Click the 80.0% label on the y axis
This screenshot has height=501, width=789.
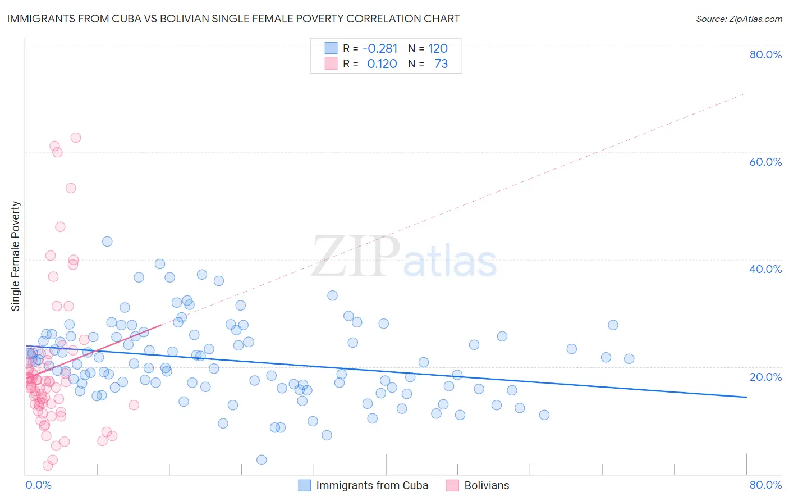[x=765, y=54]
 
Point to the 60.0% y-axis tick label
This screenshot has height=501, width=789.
[x=765, y=162]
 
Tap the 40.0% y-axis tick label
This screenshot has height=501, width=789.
[x=765, y=269]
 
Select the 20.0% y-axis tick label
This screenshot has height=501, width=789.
[x=765, y=376]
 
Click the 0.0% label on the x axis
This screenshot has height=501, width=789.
[x=38, y=485]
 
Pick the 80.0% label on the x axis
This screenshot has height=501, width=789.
[x=765, y=485]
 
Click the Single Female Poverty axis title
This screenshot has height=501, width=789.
[x=16, y=256]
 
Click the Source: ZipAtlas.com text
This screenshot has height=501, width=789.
[x=738, y=19]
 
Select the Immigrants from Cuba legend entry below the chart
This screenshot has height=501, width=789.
[x=371, y=485]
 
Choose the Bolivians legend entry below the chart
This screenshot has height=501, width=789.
[x=487, y=485]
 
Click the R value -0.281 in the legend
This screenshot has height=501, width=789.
[x=380, y=49]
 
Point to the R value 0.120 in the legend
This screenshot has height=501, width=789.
[x=382, y=64]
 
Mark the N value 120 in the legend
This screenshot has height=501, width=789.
[x=438, y=49]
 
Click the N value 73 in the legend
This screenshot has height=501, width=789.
[x=441, y=64]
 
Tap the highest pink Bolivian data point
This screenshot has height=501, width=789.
[x=75, y=138]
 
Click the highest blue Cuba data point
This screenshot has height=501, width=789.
[x=107, y=242]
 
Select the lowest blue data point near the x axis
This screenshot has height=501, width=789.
[x=262, y=460]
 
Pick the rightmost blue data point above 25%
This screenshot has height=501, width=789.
[x=613, y=325]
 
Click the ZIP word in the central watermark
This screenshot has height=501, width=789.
[x=356, y=257]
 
